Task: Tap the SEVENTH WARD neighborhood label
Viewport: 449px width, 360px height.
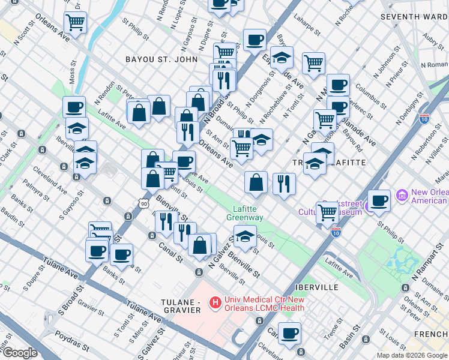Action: [x=414, y=16]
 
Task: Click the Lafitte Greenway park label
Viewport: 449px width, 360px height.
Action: [x=245, y=213]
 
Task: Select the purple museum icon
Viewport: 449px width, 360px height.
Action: [x=402, y=196]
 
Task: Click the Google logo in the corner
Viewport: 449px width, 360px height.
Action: [x=20, y=353]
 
